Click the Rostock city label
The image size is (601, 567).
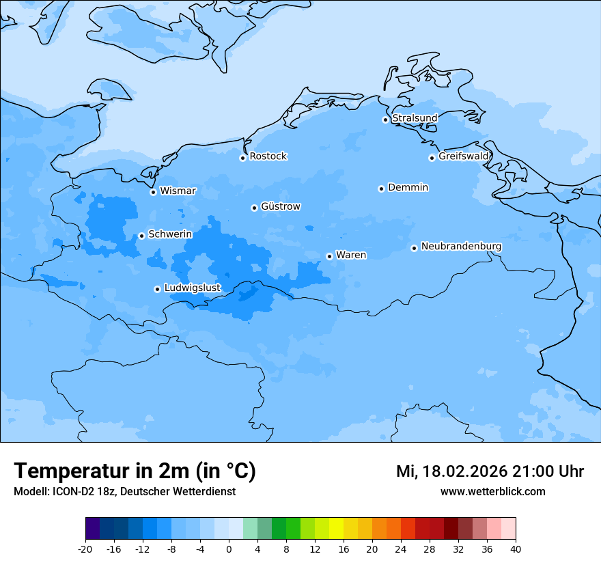pos(268,156)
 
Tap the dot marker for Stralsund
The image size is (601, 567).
pos(385,120)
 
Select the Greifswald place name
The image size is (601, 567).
pos(463,156)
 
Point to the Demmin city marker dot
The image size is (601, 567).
pos(381,189)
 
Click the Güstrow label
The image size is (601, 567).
pos(280,206)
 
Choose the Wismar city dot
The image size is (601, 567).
pos(153,192)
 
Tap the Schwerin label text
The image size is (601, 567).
pos(170,234)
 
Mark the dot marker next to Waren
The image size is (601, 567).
pos(329,256)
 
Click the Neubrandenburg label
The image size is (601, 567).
pos(461,247)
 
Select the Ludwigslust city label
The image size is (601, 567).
pos(192,288)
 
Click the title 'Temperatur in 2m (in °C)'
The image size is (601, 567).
pos(135,471)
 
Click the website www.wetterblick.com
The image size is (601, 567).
pos(492,491)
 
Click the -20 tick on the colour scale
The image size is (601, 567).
pos(85,549)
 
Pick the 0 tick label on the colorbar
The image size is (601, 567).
pos(229,549)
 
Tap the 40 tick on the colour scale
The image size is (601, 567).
pos(516,549)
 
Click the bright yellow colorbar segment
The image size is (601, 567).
pos(336,529)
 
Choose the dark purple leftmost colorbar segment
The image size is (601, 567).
pos(93,529)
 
